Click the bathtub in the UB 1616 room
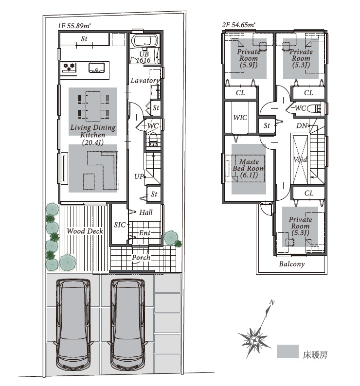pyautogui.click(x=144, y=41)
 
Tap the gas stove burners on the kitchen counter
pyautogui.click(x=69, y=67)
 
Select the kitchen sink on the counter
pyautogui.click(x=97, y=68)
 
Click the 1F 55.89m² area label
pyautogui.click(x=74, y=26)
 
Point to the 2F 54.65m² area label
pyautogui.click(x=238, y=25)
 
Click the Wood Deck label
pyautogui.click(x=85, y=231)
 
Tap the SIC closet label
pyautogui.click(x=120, y=225)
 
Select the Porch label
pyautogui.click(x=141, y=258)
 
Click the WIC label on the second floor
pyautogui.click(x=240, y=118)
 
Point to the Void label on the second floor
pyautogui.click(x=300, y=159)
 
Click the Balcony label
pyautogui.click(x=292, y=264)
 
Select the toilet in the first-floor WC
pyautogui.click(x=153, y=140)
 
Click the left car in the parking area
pyautogui.click(x=73, y=324)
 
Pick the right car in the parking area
pyautogui.click(x=128, y=324)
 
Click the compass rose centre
pyautogui.click(x=254, y=341)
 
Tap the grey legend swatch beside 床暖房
pyautogui.click(x=288, y=351)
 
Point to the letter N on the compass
pyautogui.click(x=272, y=302)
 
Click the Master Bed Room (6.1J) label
pyautogui.click(x=249, y=168)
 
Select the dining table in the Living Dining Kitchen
pyautogui.click(x=93, y=106)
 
